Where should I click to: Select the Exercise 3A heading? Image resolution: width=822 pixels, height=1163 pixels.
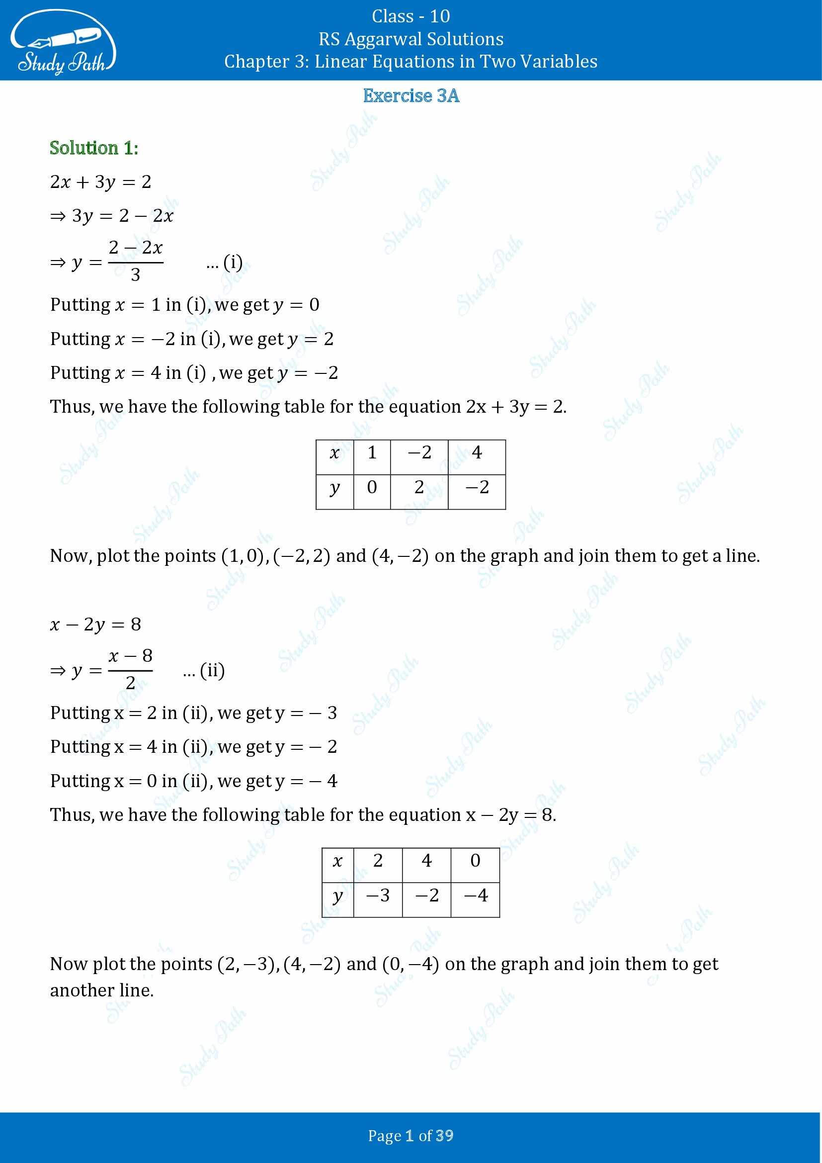pos(411,96)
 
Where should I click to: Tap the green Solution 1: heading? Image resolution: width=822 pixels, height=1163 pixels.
pos(93,148)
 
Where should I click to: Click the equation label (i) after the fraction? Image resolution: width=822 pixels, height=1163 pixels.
pos(232,263)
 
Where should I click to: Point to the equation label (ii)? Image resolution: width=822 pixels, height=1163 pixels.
pos(212,671)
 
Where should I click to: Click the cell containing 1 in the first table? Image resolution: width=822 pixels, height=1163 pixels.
pos(372,453)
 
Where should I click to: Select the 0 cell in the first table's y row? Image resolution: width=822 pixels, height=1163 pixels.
pos(372,487)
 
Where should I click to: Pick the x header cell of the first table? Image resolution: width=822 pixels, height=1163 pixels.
pos(334,453)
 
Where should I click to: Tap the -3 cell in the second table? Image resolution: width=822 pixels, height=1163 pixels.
pos(378,895)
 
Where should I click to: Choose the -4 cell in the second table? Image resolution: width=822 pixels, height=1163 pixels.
pos(475,895)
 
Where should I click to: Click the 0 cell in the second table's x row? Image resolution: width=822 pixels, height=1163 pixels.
pos(475,861)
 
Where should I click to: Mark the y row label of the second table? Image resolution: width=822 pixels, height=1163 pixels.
pos(337,895)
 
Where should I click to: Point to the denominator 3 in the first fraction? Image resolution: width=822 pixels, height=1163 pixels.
pos(135,275)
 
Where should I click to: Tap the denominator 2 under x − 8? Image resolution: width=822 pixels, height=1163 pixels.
pos(130,683)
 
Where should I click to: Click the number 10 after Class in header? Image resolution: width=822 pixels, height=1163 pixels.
pos(439,17)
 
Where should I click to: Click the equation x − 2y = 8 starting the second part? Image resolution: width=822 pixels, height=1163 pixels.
pos(95,625)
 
